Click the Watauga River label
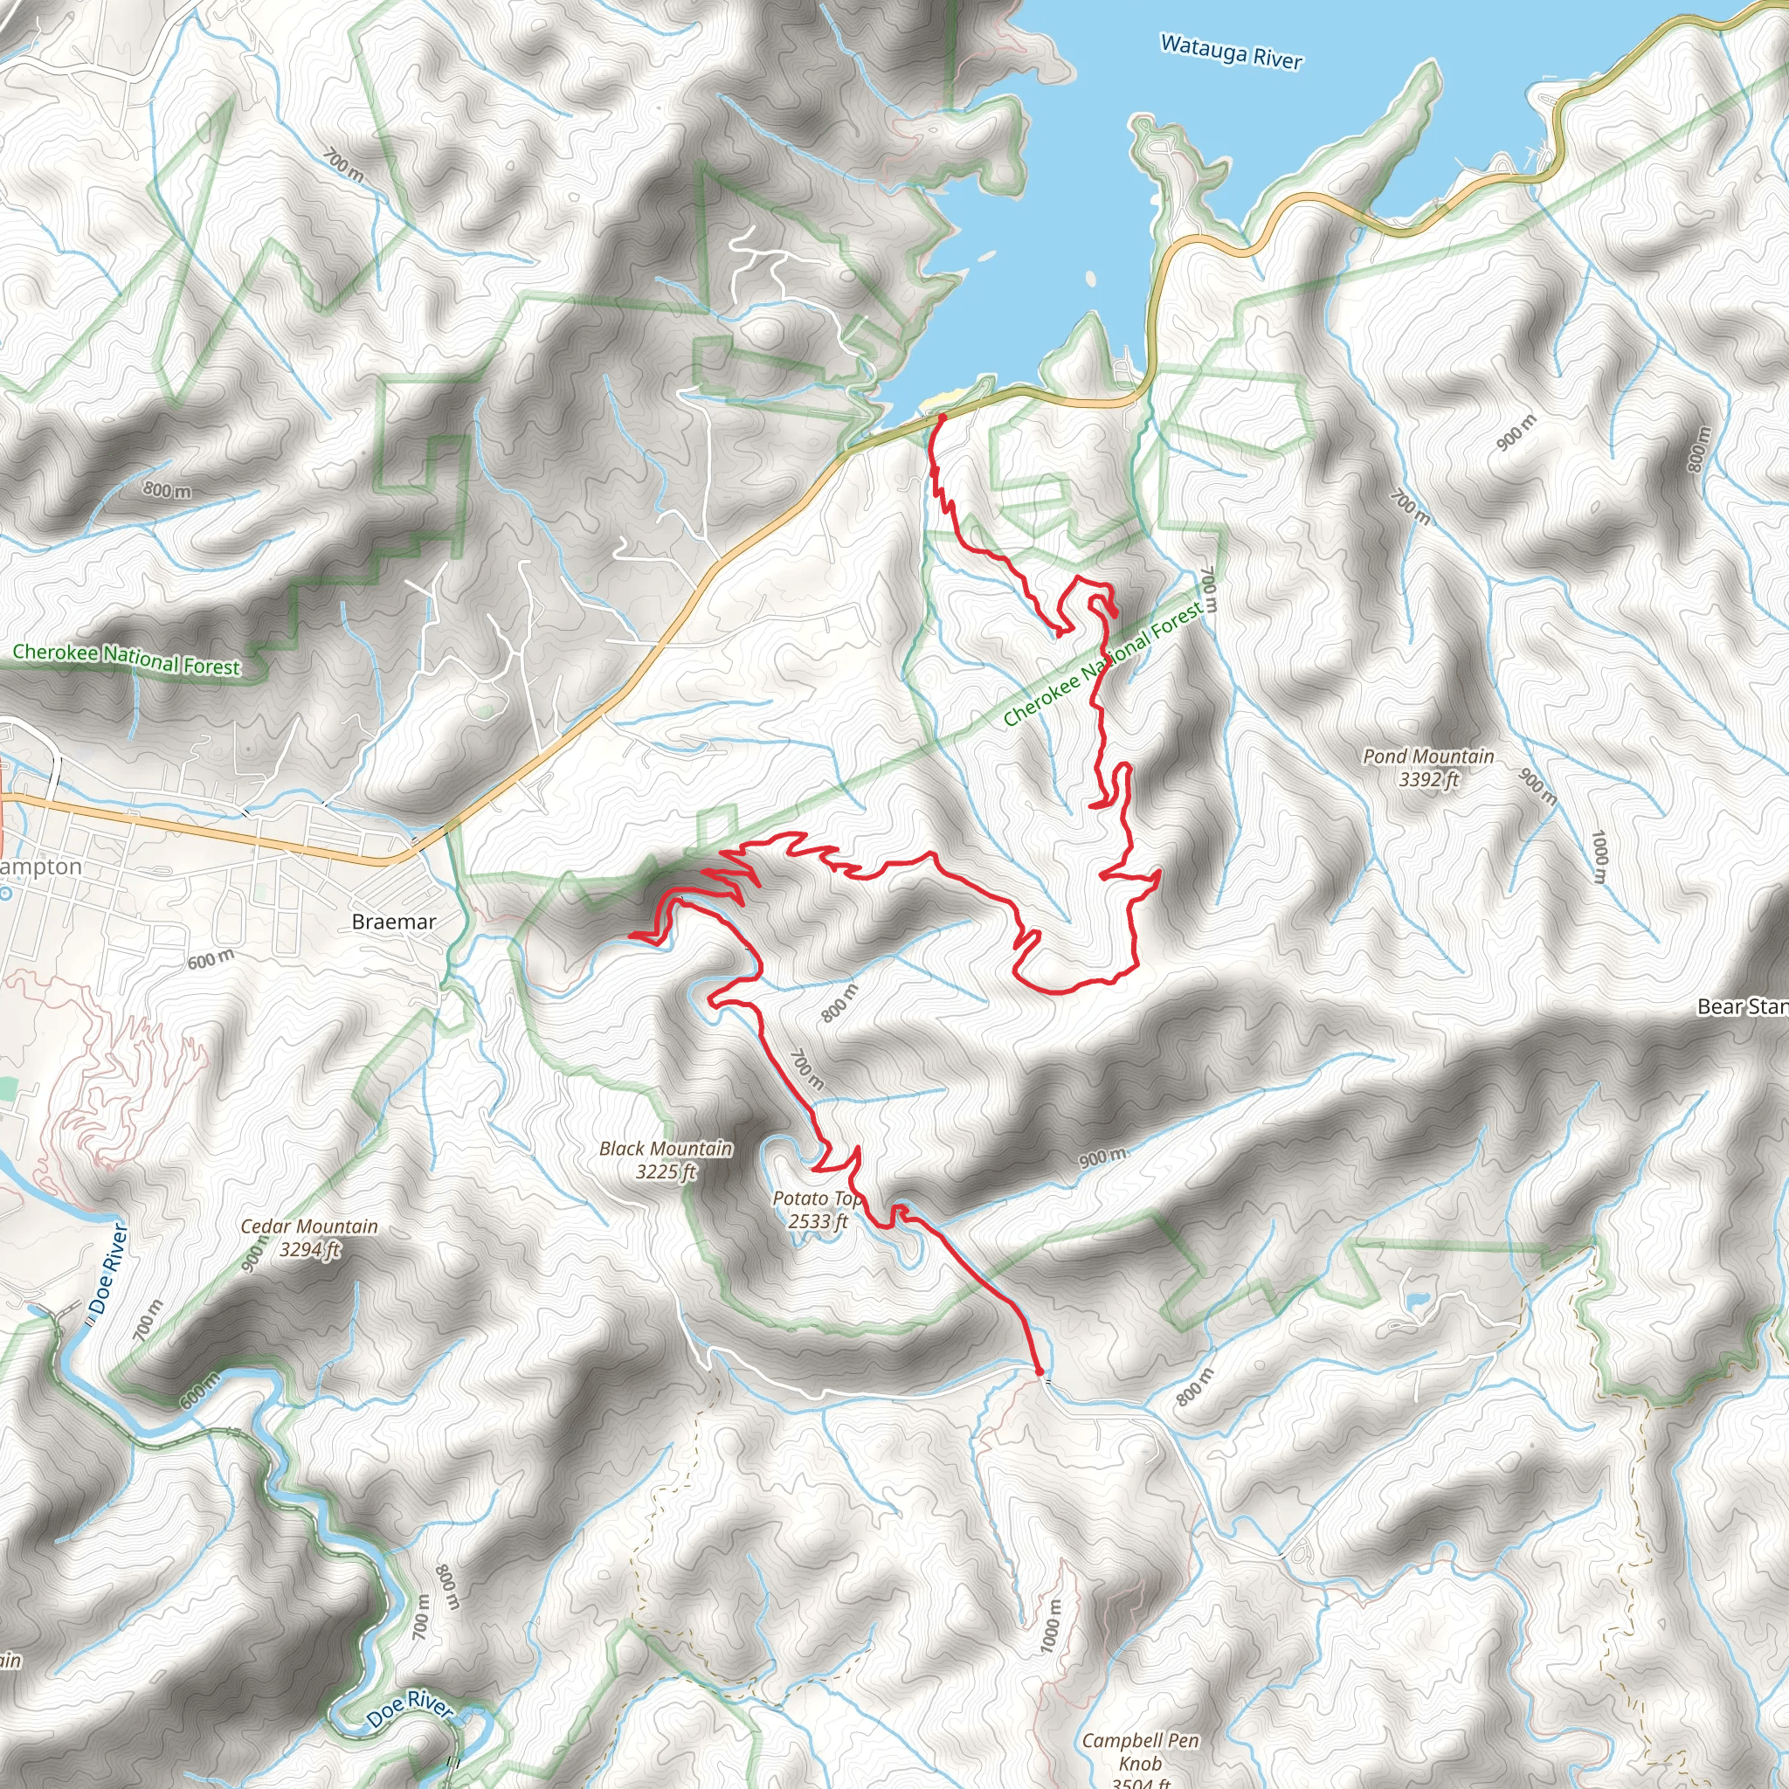[x=1231, y=52]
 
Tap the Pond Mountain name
[x=1428, y=756]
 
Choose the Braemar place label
[x=394, y=922]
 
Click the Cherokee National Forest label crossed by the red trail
[x=1102, y=663]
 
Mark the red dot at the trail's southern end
[x=1039, y=1371]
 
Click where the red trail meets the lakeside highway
[x=942, y=418]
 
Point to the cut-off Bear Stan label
[x=1742, y=1006]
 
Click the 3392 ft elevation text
[x=1428, y=780]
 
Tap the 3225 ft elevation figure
[x=665, y=1172]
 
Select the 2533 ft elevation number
[x=818, y=1221]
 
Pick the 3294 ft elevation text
[x=309, y=1250]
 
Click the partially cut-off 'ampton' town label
[x=41, y=867]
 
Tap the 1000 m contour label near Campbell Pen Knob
[x=1050, y=1624]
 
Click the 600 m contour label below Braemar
[x=211, y=960]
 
